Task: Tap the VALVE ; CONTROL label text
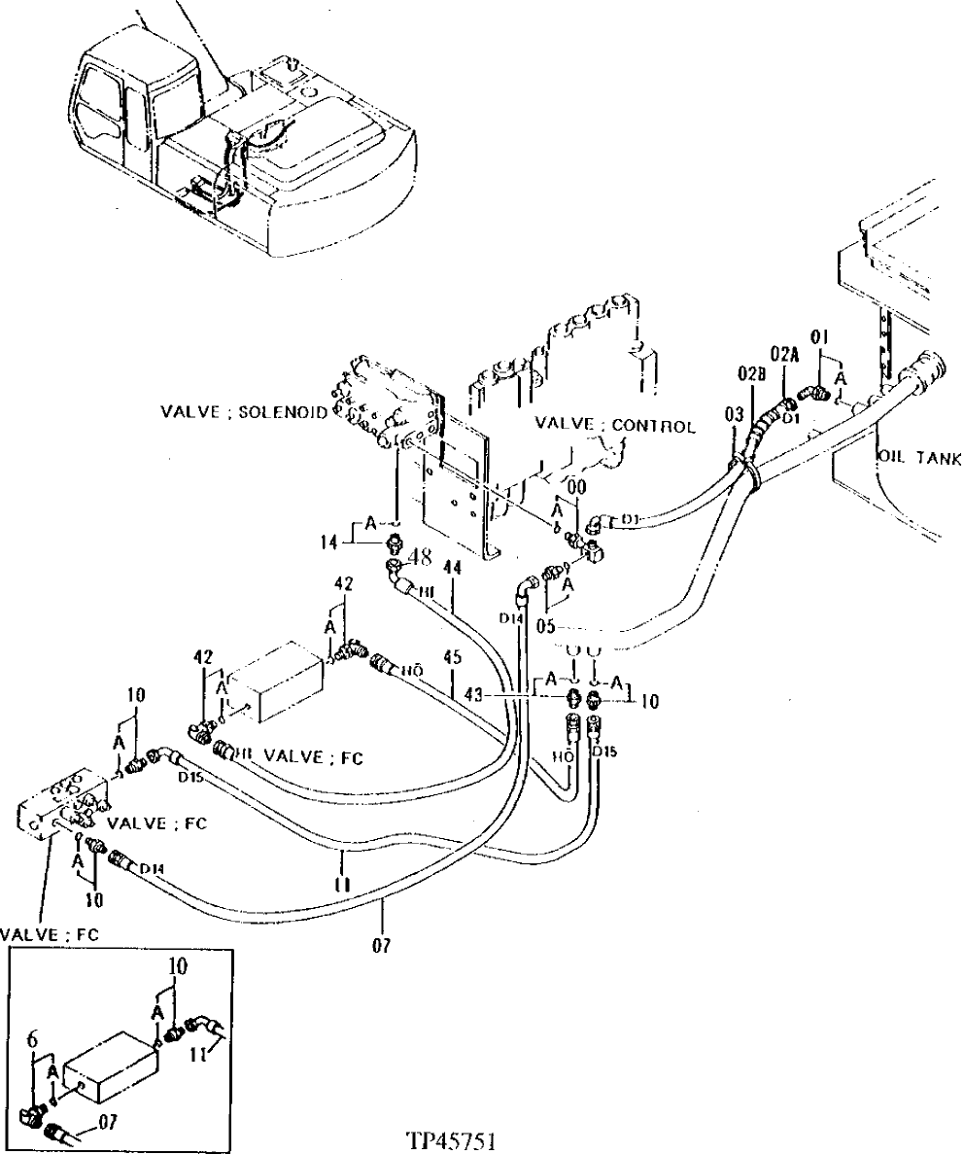616,426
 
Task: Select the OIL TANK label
918,456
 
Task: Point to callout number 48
419,558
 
